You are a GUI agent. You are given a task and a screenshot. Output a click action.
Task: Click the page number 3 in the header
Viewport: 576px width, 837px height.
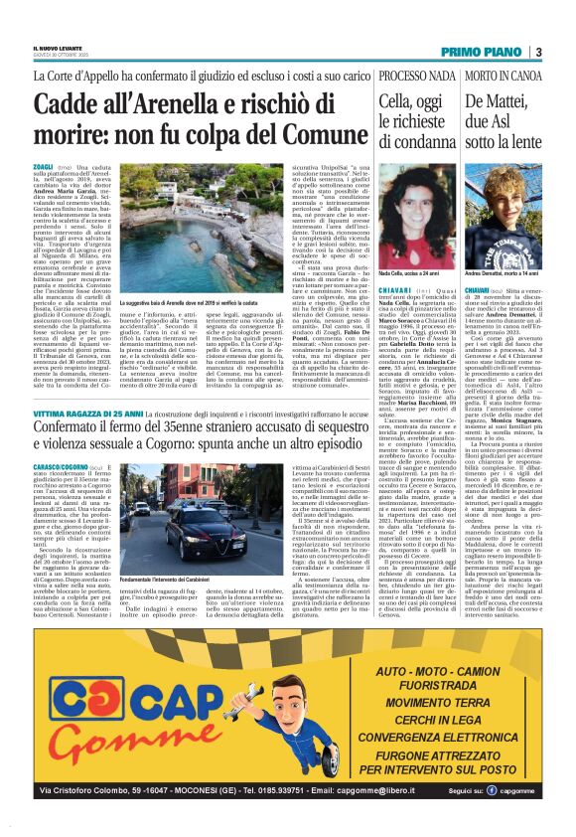(537, 52)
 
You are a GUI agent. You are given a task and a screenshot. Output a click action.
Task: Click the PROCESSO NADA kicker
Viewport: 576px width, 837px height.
(403, 76)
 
